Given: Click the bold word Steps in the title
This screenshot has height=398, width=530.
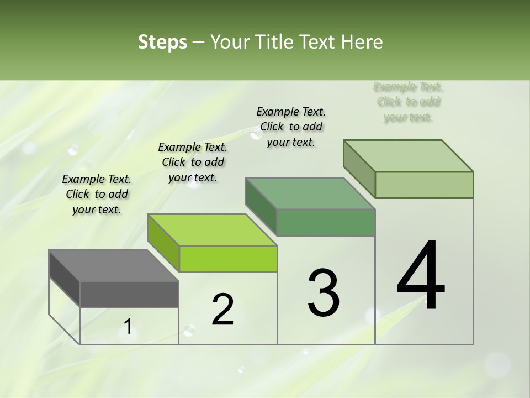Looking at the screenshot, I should pyautogui.click(x=162, y=42).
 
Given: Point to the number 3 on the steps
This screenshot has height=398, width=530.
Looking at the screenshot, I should pyautogui.click(x=324, y=293).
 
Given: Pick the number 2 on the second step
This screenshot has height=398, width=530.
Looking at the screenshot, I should pyautogui.click(x=223, y=310).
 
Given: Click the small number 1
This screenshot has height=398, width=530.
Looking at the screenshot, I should pyautogui.click(x=128, y=327).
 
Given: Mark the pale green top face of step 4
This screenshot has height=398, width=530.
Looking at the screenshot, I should pyautogui.click(x=409, y=156).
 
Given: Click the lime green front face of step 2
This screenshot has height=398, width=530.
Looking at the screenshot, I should pyautogui.click(x=228, y=259).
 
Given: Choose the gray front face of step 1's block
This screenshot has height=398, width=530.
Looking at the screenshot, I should pyautogui.click(x=129, y=295).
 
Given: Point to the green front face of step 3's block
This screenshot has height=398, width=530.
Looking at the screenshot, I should pyautogui.click(x=326, y=223).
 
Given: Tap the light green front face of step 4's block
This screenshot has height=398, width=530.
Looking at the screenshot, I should pyautogui.click(x=424, y=185).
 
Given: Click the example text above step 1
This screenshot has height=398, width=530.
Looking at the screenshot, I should pyautogui.click(x=97, y=194).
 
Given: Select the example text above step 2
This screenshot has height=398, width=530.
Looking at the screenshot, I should pyautogui.click(x=193, y=162).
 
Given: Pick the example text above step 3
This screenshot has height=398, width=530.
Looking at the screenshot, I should pyautogui.click(x=291, y=127).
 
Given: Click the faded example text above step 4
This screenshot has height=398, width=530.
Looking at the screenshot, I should pyautogui.click(x=409, y=102).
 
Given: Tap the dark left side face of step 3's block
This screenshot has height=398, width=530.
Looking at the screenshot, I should pyautogui.click(x=261, y=206).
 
